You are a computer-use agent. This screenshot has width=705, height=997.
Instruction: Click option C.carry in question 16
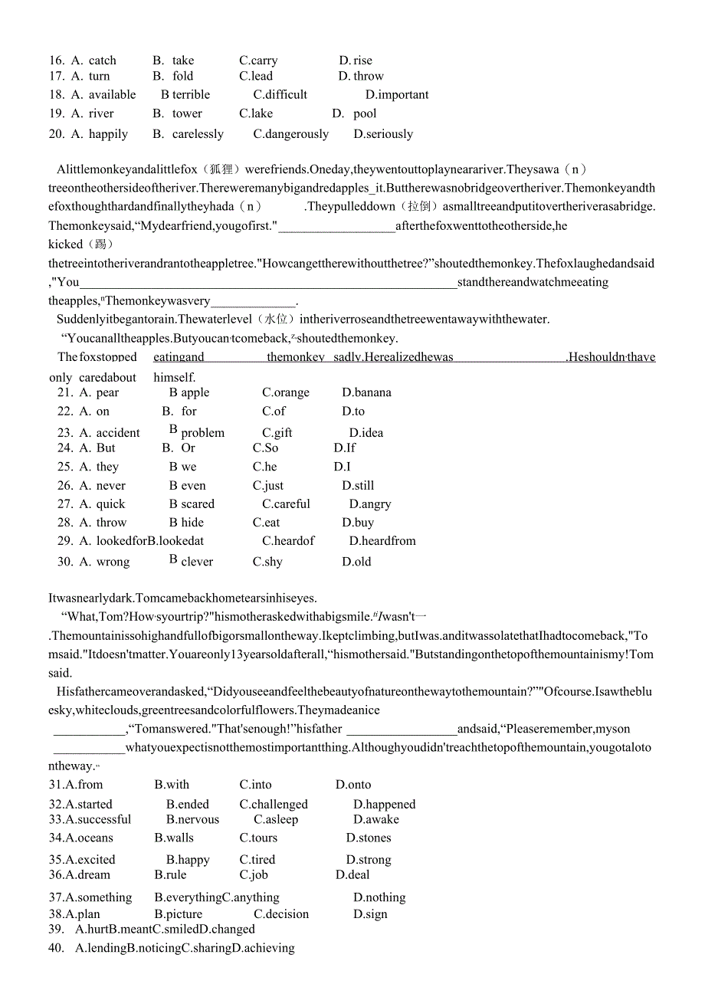258,61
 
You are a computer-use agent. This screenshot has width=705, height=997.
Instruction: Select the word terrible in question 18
191,95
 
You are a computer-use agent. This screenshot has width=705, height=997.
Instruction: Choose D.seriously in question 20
383,134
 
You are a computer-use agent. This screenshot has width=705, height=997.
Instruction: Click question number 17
56,76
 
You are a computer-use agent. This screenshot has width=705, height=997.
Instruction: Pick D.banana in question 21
366,392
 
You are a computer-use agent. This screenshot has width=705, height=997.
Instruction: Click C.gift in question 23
277,433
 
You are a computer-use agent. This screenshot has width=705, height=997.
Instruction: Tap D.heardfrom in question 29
382,541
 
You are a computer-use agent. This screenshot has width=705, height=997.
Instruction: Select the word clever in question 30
197,562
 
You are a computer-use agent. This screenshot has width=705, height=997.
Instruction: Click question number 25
65,467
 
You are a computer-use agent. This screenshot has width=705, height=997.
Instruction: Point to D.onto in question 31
353,785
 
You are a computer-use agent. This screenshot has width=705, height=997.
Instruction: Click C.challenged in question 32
274,805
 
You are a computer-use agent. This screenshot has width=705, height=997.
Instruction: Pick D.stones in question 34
369,838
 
